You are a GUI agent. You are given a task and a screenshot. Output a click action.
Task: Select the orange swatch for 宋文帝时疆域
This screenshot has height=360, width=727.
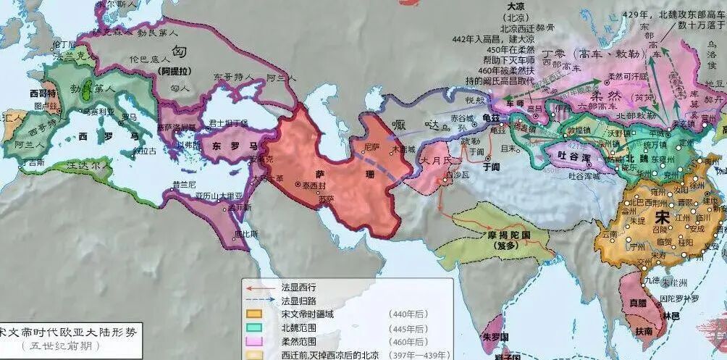(x=254, y=314)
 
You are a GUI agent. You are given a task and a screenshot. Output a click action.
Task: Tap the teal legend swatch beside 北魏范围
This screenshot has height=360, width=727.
(x=254, y=327)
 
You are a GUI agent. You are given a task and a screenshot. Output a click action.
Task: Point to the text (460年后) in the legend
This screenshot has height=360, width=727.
(x=408, y=341)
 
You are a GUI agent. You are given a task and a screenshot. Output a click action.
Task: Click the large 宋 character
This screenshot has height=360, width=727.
(x=662, y=217)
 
